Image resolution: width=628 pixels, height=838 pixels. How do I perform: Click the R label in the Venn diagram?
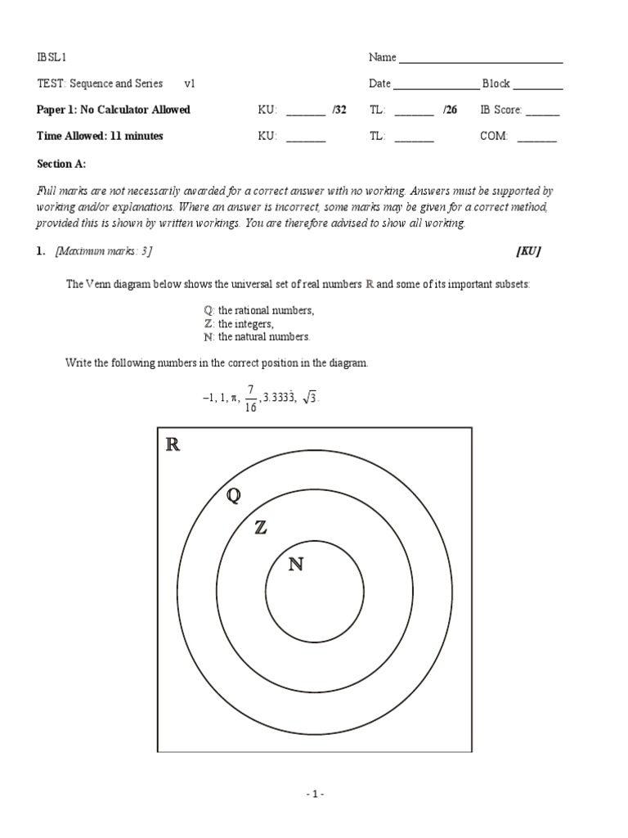[173, 445]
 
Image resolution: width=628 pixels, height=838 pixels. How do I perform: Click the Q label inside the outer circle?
[234, 496]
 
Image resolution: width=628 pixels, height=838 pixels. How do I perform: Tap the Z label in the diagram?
[260, 528]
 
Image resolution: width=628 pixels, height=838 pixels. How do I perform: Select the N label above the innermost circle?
[295, 564]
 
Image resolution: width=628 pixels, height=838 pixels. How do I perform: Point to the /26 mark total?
[450, 110]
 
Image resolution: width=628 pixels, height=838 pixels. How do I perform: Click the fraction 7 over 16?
[250, 398]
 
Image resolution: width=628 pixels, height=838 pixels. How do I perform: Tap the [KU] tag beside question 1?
[528, 252]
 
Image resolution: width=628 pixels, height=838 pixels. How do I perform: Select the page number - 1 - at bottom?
[315, 794]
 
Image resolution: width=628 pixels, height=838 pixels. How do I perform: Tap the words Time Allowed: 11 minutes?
[100, 136]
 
